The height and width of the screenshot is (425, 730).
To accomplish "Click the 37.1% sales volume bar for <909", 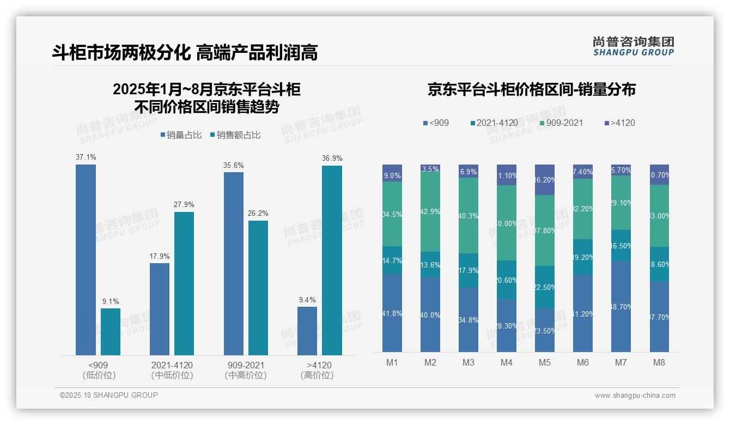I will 86,259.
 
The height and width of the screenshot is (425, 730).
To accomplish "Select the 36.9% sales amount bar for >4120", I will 332,260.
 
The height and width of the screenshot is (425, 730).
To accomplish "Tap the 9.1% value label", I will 111,301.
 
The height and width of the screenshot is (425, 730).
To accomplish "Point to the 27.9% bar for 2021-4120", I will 184,283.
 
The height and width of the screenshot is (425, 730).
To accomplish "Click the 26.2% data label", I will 258,213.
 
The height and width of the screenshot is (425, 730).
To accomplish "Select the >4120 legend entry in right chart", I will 619,123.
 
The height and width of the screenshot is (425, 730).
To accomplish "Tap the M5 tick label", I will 545,362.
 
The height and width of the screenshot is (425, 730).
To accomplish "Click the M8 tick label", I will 659,362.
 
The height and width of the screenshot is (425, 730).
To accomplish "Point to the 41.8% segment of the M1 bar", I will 392,313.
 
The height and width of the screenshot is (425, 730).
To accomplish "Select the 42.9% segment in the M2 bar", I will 430,212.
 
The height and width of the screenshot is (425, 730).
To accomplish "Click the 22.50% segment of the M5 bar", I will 545,287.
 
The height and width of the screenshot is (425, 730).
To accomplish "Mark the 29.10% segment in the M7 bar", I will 621,202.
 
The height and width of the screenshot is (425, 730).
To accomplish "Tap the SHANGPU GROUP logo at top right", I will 633,46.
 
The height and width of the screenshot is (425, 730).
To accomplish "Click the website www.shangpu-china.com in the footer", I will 635,396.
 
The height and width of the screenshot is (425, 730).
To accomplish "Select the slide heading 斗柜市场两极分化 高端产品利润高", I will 185,52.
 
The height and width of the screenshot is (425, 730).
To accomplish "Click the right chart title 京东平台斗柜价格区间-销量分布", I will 531,90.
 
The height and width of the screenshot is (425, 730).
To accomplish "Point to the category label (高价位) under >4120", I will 317,375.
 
